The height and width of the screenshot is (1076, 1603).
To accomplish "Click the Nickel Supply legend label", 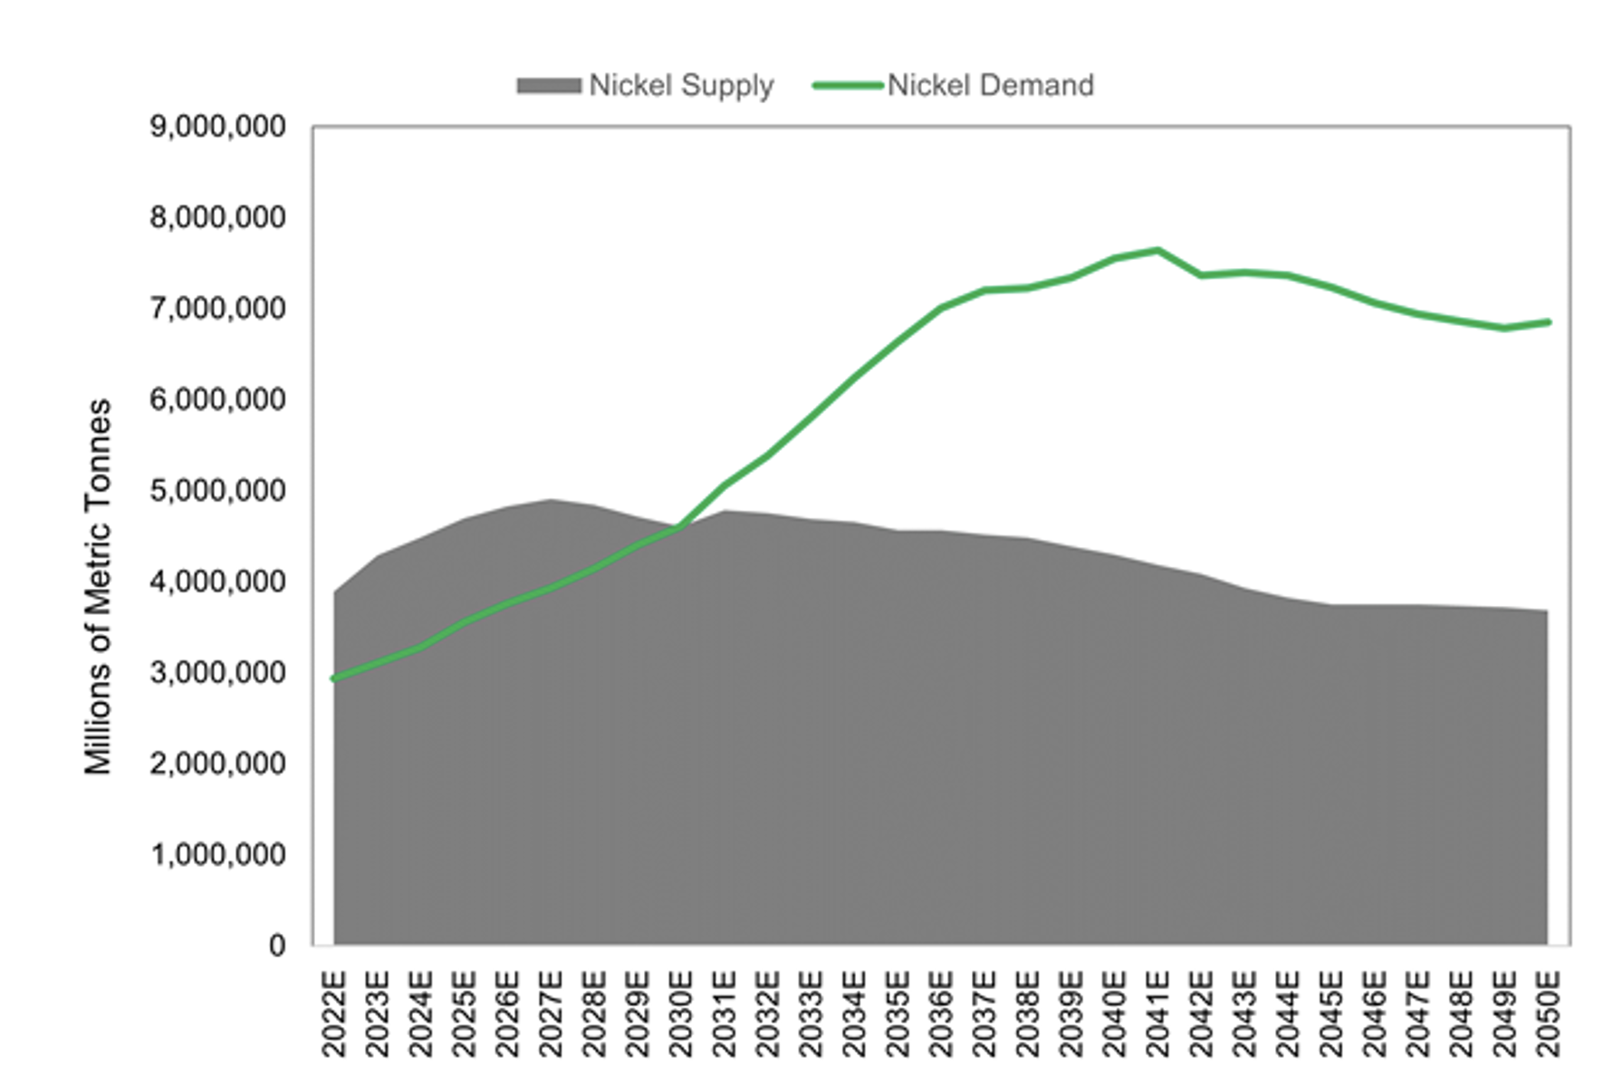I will point(681,85).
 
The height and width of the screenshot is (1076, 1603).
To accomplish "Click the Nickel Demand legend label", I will point(991,85).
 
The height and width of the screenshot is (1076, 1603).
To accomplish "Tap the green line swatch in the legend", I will point(848,86).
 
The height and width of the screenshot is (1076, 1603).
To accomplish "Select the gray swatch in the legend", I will point(549,86).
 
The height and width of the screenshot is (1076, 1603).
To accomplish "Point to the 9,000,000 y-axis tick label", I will point(217,127).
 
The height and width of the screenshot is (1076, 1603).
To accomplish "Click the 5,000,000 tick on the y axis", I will point(217,491).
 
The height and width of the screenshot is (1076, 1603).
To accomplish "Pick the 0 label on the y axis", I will point(277,946).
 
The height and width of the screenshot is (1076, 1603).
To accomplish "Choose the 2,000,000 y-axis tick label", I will point(217,764).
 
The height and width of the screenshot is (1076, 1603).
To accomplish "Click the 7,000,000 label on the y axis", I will point(217,309).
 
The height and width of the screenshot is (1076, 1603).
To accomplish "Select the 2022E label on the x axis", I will point(334,1014).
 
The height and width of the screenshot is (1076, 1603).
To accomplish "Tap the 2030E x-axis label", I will point(681,1014).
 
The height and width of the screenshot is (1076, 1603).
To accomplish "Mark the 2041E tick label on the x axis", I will point(1157,1014).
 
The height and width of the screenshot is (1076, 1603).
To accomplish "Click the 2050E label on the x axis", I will point(1548,1014).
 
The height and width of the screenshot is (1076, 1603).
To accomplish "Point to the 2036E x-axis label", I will point(941,1014).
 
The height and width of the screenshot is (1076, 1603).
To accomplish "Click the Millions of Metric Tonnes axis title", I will point(98,587).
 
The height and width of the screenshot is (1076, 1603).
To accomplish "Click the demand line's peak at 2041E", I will point(1157,250).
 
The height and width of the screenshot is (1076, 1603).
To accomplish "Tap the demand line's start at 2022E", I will point(334,678).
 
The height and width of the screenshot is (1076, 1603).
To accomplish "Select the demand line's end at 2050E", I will point(1548,322).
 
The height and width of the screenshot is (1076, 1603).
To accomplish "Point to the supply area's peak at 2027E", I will point(551,500).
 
